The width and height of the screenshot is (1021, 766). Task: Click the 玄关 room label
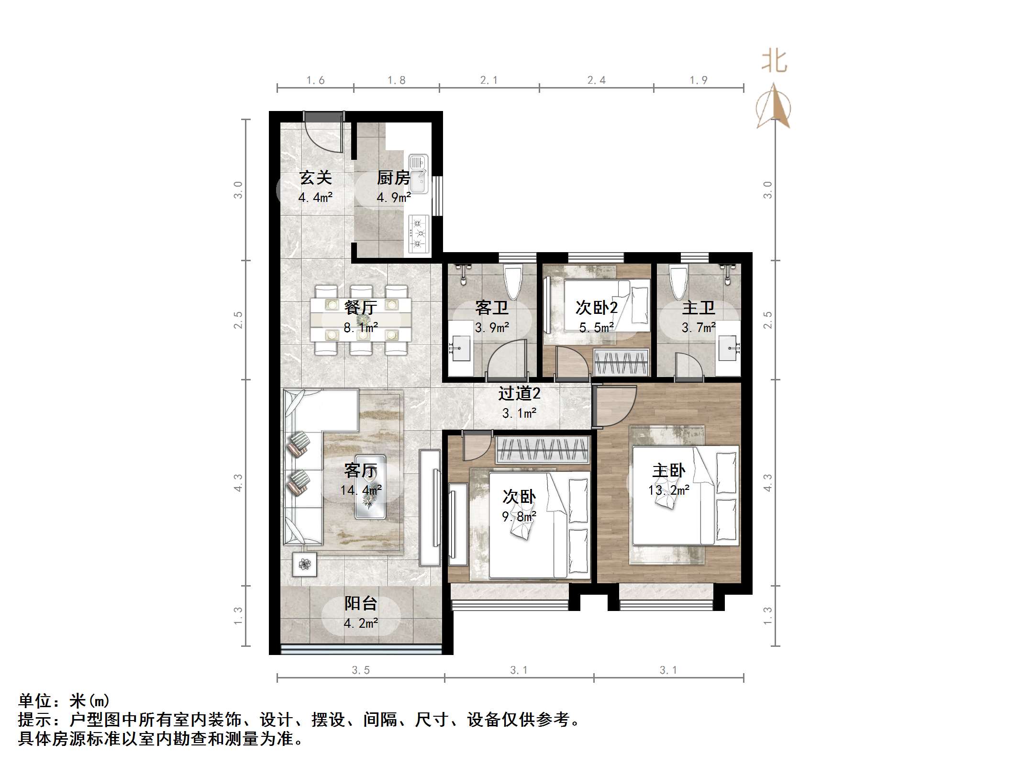315,178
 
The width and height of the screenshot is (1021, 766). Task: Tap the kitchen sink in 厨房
418,175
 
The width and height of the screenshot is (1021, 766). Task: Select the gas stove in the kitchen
419,234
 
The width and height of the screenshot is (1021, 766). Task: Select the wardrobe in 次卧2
621,362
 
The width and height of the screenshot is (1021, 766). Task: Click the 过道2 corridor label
519,394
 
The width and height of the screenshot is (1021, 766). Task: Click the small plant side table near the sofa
304,565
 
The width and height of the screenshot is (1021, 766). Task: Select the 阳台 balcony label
361,604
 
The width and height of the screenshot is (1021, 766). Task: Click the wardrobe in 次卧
543,449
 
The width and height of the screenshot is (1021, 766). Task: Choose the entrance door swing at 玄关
324,134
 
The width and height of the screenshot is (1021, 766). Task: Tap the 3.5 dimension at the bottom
360,670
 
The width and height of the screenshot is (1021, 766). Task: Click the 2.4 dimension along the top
596,80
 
